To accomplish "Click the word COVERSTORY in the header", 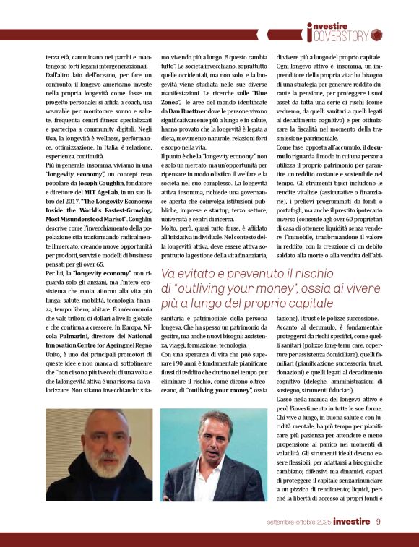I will (343, 35).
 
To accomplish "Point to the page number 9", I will (379, 521).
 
